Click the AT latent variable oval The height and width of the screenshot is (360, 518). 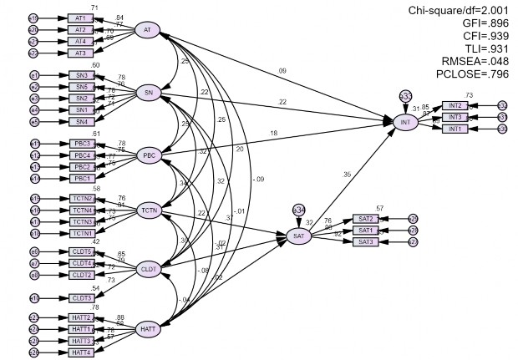click(147, 30)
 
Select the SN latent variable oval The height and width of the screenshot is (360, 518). click(148, 92)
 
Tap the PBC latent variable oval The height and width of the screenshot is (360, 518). click(148, 155)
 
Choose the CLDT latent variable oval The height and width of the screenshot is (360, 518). click(149, 269)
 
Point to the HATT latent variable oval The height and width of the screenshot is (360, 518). click(149, 328)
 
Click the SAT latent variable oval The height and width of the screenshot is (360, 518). click(298, 237)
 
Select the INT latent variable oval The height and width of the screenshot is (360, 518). click(406, 123)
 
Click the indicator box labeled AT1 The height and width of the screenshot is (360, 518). click(81, 18)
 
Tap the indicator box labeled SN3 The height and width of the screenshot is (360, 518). click(81, 75)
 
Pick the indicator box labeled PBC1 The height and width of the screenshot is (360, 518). click(81, 178)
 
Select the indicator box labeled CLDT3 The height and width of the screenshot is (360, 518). click(81, 298)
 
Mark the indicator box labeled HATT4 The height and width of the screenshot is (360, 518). click(81, 352)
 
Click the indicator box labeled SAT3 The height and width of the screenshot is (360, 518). click(364, 241)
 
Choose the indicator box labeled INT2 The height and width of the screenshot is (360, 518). click(455, 105)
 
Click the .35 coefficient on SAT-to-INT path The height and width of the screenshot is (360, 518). click(346, 175)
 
